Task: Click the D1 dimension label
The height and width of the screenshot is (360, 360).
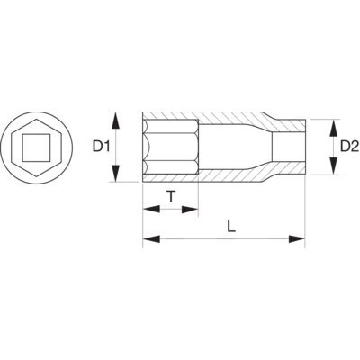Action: point(101,146)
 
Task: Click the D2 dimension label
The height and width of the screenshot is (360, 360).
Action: point(349,146)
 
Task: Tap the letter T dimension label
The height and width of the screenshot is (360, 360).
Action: point(171,196)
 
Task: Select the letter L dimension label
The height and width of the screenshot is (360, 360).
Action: point(231,227)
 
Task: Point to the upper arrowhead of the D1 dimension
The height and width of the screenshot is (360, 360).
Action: point(116,121)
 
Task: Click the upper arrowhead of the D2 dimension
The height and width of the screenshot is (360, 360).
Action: point(333,127)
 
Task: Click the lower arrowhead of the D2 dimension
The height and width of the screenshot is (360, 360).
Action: point(333,166)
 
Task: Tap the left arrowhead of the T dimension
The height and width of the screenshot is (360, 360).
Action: point(151,209)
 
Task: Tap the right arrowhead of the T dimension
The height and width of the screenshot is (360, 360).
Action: point(189,209)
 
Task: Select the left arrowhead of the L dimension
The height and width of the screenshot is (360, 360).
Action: point(151,239)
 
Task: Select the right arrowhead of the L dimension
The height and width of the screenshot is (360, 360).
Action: point(297,239)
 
